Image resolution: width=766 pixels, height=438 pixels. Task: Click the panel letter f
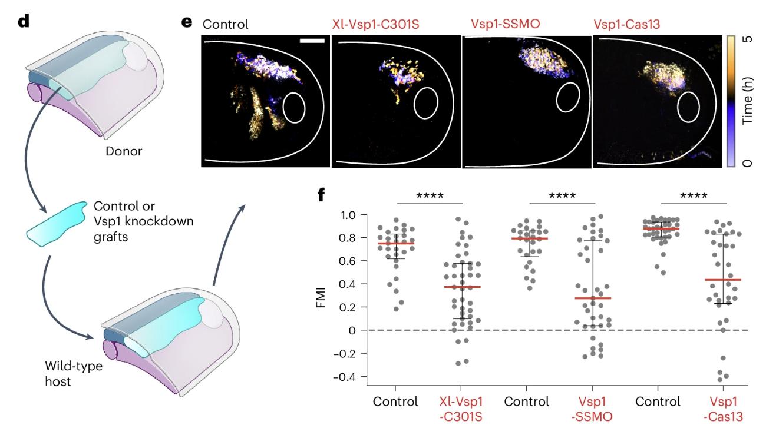[x=321, y=195]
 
